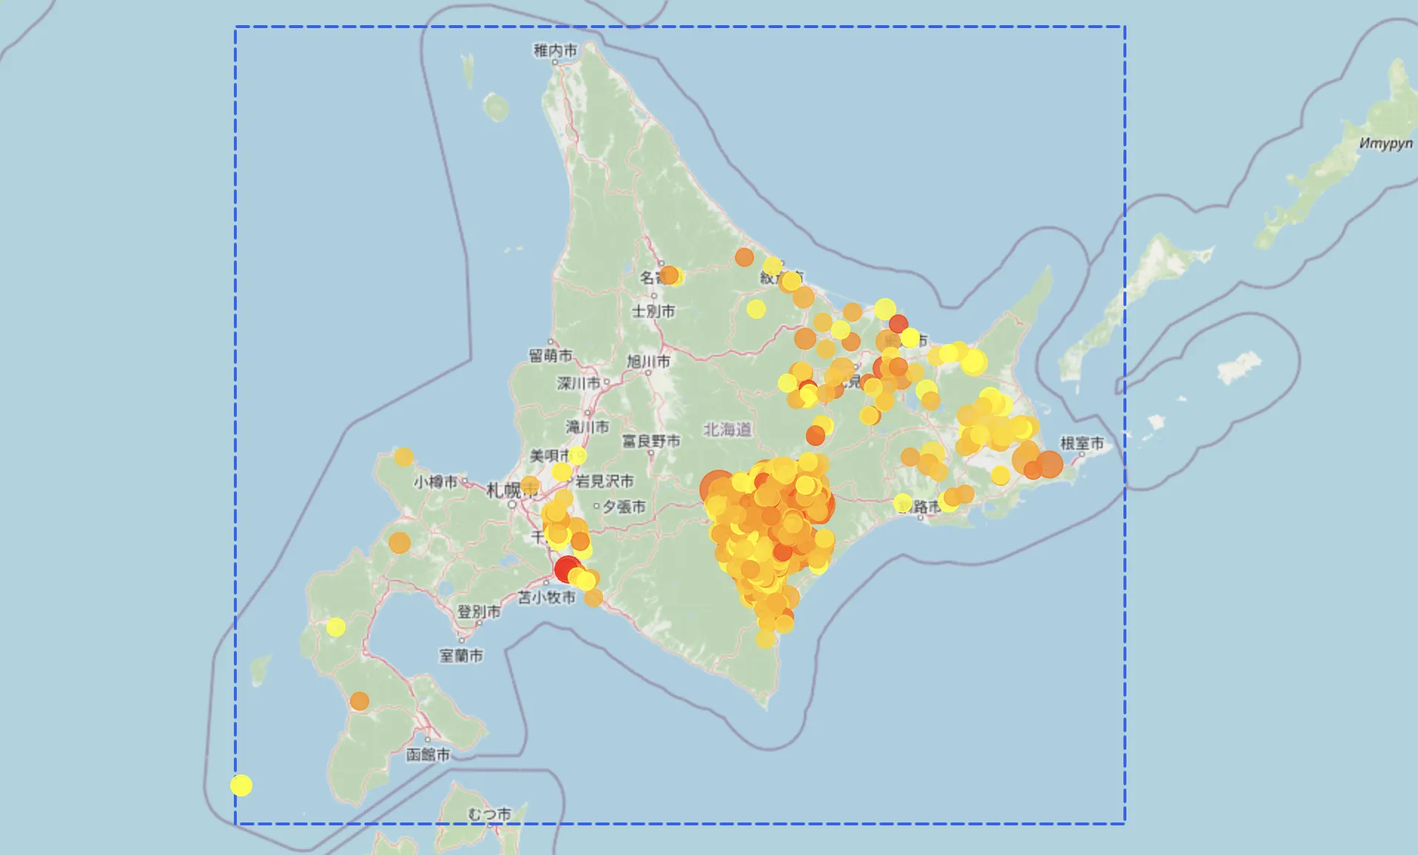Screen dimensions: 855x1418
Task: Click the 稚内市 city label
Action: click(x=555, y=50)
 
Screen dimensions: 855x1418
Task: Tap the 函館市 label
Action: click(x=428, y=755)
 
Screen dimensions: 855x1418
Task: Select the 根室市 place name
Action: click(x=1081, y=443)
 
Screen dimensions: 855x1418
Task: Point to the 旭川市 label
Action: click(x=648, y=362)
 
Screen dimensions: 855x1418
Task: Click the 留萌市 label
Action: click(x=550, y=356)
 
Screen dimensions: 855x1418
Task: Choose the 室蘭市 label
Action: click(x=461, y=655)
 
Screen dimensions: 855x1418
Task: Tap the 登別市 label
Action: click(x=478, y=612)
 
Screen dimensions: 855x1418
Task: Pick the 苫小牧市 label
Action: click(x=546, y=597)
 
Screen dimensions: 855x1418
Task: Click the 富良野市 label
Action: click(x=651, y=442)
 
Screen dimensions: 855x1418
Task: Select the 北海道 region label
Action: click(x=727, y=430)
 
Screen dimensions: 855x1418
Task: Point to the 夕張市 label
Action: click(x=624, y=507)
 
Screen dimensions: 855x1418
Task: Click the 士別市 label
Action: click(x=653, y=311)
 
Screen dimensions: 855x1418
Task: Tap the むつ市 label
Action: click(x=489, y=814)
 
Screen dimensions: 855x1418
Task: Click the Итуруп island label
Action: click(x=1385, y=143)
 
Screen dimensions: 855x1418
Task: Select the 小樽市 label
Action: click(x=435, y=482)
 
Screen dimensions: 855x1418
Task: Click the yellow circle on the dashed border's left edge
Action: click(x=241, y=785)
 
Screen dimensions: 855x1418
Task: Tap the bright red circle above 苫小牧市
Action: click(x=567, y=570)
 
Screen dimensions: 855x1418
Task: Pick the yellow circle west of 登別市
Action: click(x=336, y=627)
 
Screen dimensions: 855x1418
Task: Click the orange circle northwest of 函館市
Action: click(x=360, y=700)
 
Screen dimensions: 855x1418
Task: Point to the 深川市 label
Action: click(x=579, y=383)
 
